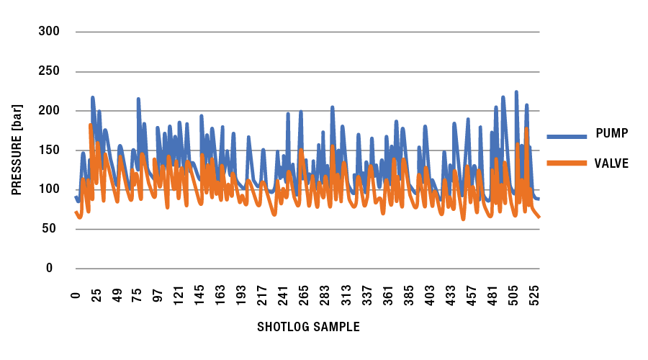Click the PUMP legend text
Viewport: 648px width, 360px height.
(x=612, y=133)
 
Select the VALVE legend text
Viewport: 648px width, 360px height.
(x=613, y=163)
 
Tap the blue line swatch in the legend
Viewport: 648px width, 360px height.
(x=567, y=135)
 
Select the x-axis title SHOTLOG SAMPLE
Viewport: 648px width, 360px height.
(x=308, y=327)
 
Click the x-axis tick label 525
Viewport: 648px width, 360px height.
(x=534, y=295)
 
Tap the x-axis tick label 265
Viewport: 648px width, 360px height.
(x=304, y=295)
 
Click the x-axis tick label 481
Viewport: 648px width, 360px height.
(x=493, y=295)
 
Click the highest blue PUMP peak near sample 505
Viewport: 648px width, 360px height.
(x=516, y=92)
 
